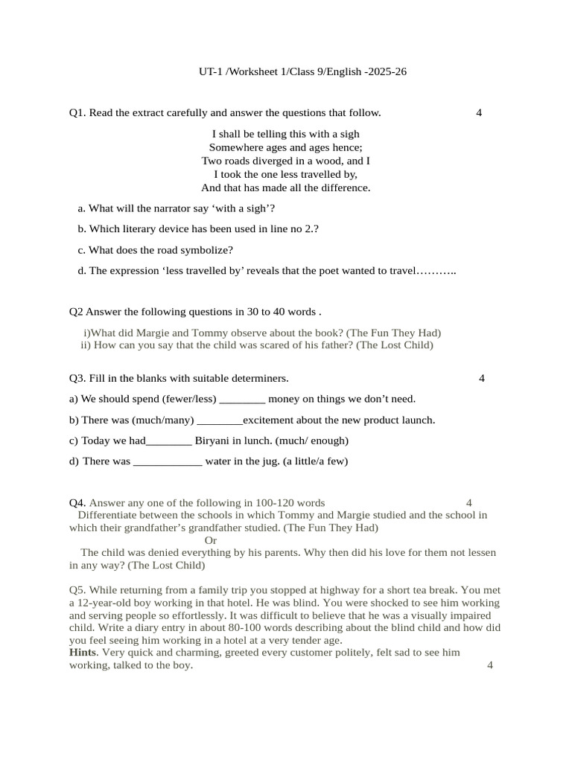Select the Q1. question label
[77, 113]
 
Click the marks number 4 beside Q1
[478, 113]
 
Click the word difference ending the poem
[344, 188]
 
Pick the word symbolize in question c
[209, 250]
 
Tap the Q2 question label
[76, 311]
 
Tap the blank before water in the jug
[168, 462]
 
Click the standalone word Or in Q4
[211, 540]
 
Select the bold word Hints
[83, 652]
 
